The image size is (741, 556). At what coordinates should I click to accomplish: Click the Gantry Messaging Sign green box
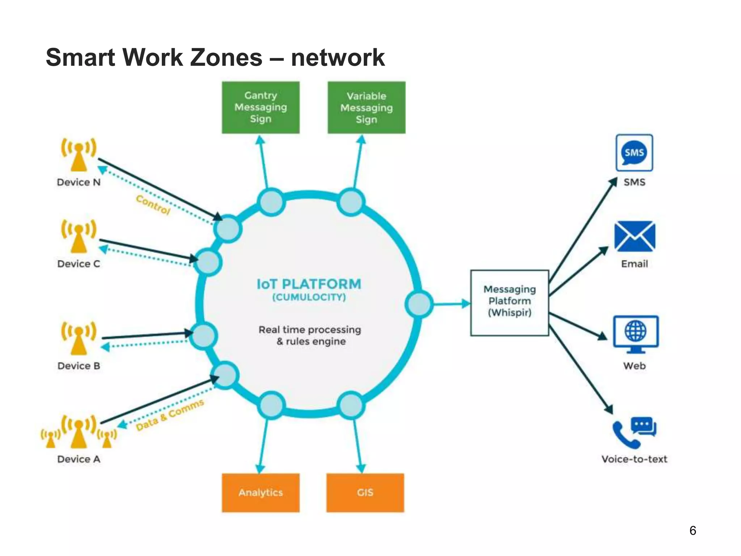pyautogui.click(x=261, y=108)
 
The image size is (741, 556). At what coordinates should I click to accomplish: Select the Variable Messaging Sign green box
pyautogui.click(x=366, y=108)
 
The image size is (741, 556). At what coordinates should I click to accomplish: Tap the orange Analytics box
pyautogui.click(x=261, y=493)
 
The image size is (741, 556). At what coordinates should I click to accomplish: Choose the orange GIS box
pyautogui.click(x=365, y=493)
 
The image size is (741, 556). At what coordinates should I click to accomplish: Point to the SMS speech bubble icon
pyautogui.click(x=634, y=152)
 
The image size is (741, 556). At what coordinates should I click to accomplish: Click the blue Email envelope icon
pyautogui.click(x=635, y=236)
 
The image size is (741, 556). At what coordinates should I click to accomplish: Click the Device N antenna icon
pyautogui.click(x=79, y=154)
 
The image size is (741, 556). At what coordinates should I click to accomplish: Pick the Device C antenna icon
pyautogui.click(x=79, y=236)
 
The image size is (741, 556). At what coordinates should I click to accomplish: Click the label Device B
pyautogui.click(x=79, y=366)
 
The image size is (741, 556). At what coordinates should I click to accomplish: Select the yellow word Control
pyautogui.click(x=153, y=205)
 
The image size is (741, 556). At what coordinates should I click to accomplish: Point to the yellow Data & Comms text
pyautogui.click(x=170, y=415)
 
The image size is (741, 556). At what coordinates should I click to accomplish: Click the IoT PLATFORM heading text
pyautogui.click(x=309, y=284)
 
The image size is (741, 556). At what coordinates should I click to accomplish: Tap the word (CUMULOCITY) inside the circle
pyautogui.click(x=309, y=298)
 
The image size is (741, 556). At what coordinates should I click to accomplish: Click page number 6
pyautogui.click(x=693, y=530)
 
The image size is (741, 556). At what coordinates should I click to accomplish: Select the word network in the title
pyautogui.click(x=338, y=58)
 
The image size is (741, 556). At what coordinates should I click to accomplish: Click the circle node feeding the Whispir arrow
pyautogui.click(x=419, y=304)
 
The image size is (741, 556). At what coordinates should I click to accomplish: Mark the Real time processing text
pyautogui.click(x=310, y=330)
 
